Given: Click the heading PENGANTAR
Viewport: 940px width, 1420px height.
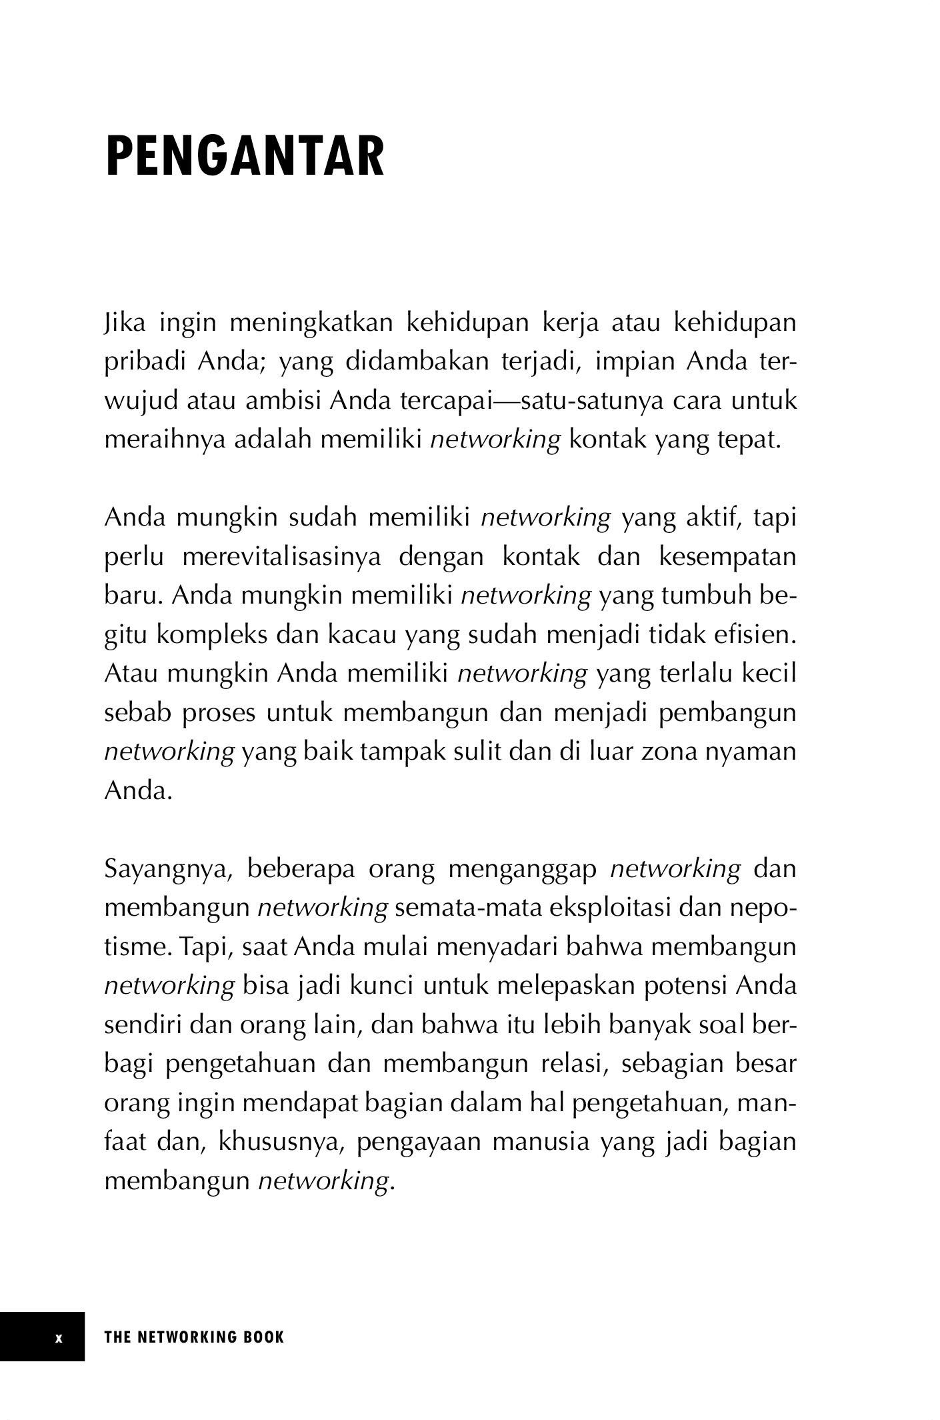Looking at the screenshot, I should pos(245,156).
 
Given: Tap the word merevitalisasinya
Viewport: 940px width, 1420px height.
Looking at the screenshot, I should pos(281,556).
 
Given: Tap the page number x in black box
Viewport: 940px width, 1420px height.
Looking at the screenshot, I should pos(59,1336).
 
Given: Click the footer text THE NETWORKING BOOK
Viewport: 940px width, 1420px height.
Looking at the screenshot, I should pos(194,1336).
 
